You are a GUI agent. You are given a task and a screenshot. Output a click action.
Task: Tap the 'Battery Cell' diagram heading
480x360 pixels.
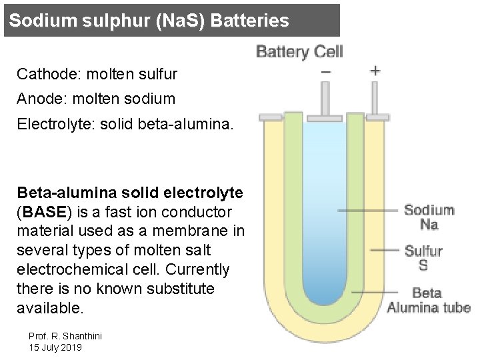[x=299, y=51]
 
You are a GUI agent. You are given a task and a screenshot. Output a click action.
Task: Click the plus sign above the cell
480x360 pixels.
[x=375, y=70]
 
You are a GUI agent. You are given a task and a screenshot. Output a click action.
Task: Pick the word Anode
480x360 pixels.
[x=37, y=99]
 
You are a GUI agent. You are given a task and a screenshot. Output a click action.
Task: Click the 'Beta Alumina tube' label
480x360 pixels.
[x=428, y=300]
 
